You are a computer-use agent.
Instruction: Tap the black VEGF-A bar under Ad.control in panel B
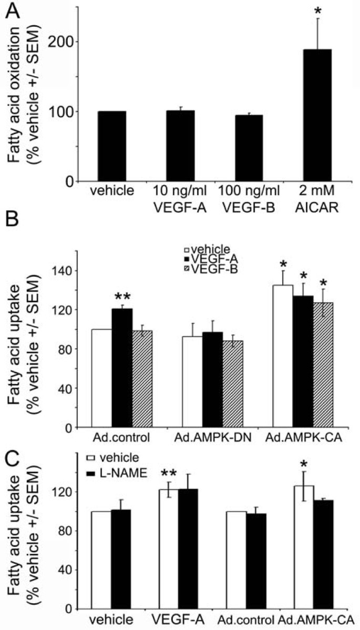pyautogui.click(x=122, y=368)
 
